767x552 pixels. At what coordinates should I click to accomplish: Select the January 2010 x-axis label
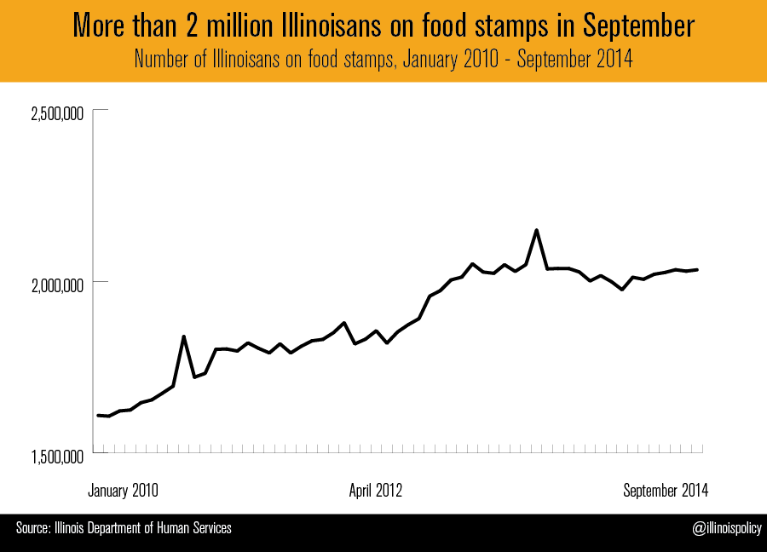[x=124, y=491]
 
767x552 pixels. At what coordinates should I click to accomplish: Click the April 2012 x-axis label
[x=376, y=491]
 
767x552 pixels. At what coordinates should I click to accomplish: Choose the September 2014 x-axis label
[x=666, y=491]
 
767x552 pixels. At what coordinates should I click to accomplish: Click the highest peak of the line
[x=536, y=230]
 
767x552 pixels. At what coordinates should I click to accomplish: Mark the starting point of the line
[x=98, y=415]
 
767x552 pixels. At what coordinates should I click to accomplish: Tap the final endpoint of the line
[x=697, y=270]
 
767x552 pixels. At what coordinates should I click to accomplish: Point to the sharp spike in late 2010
[x=184, y=336]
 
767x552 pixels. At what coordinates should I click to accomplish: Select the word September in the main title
[x=639, y=26]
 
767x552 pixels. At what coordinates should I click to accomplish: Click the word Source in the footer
[x=32, y=529]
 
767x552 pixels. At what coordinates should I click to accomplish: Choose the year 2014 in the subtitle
[x=615, y=61]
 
